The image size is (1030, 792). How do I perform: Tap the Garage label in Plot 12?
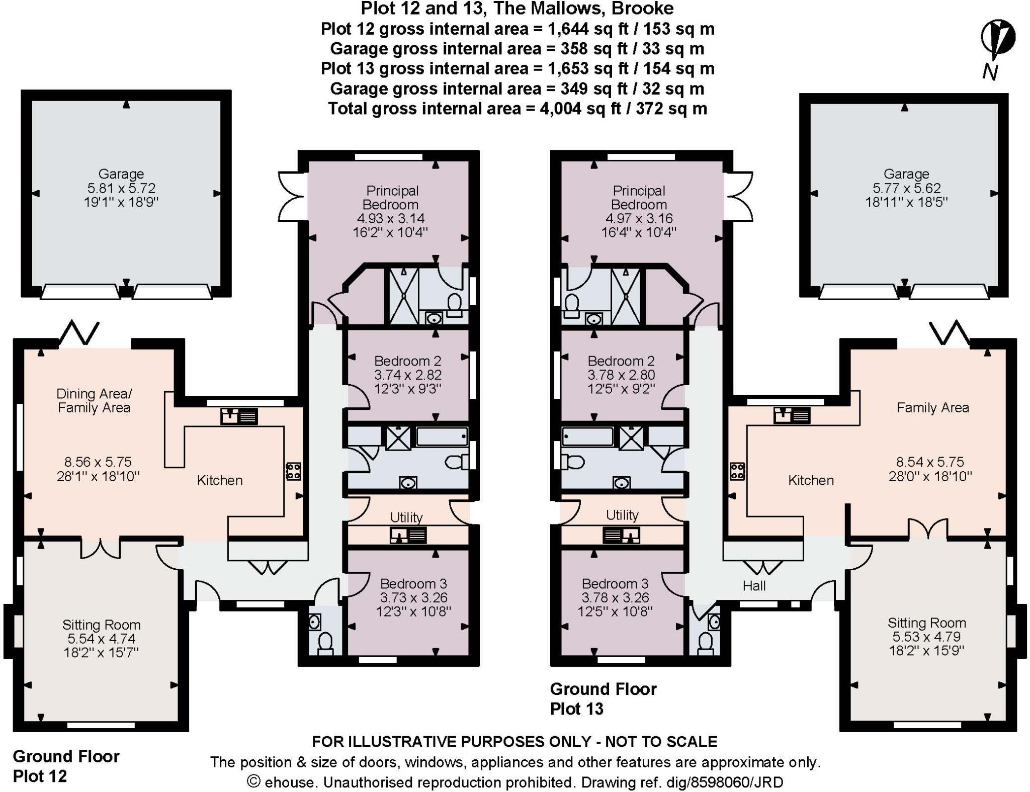click(x=121, y=174)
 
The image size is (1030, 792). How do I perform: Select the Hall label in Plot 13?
click(x=754, y=585)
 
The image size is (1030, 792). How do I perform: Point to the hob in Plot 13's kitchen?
click(x=737, y=471)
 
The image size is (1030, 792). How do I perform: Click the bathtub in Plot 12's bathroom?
click(x=442, y=436)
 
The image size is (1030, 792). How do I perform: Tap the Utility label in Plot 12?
click(x=406, y=517)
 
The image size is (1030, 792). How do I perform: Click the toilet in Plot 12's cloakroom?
click(x=325, y=643)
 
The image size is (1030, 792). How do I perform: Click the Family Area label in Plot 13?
click(x=932, y=407)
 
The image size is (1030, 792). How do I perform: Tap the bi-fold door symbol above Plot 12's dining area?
click(x=79, y=332)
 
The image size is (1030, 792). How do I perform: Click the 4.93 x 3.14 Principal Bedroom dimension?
click(x=390, y=219)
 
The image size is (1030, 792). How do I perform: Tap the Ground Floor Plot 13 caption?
click(x=603, y=698)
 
